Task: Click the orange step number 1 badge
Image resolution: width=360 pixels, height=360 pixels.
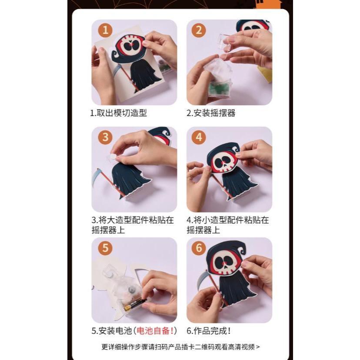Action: click(105, 30)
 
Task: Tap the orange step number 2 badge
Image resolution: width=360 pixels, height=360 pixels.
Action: click(199, 30)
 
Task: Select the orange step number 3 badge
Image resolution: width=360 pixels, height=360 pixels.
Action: click(105, 137)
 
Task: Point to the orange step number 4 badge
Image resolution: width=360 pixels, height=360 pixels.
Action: click(199, 137)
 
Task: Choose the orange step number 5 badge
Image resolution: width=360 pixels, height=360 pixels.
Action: click(105, 248)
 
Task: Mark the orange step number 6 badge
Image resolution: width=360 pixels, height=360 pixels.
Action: click(199, 248)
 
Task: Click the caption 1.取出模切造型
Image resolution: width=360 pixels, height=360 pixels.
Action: click(119, 113)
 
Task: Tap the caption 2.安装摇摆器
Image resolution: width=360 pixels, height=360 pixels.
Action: click(211, 113)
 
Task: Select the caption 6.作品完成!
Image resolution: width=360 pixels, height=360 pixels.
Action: click(209, 331)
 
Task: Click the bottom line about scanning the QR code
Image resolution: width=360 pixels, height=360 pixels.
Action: click(180, 347)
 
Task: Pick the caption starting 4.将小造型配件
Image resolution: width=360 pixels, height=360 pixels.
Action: click(227, 225)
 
